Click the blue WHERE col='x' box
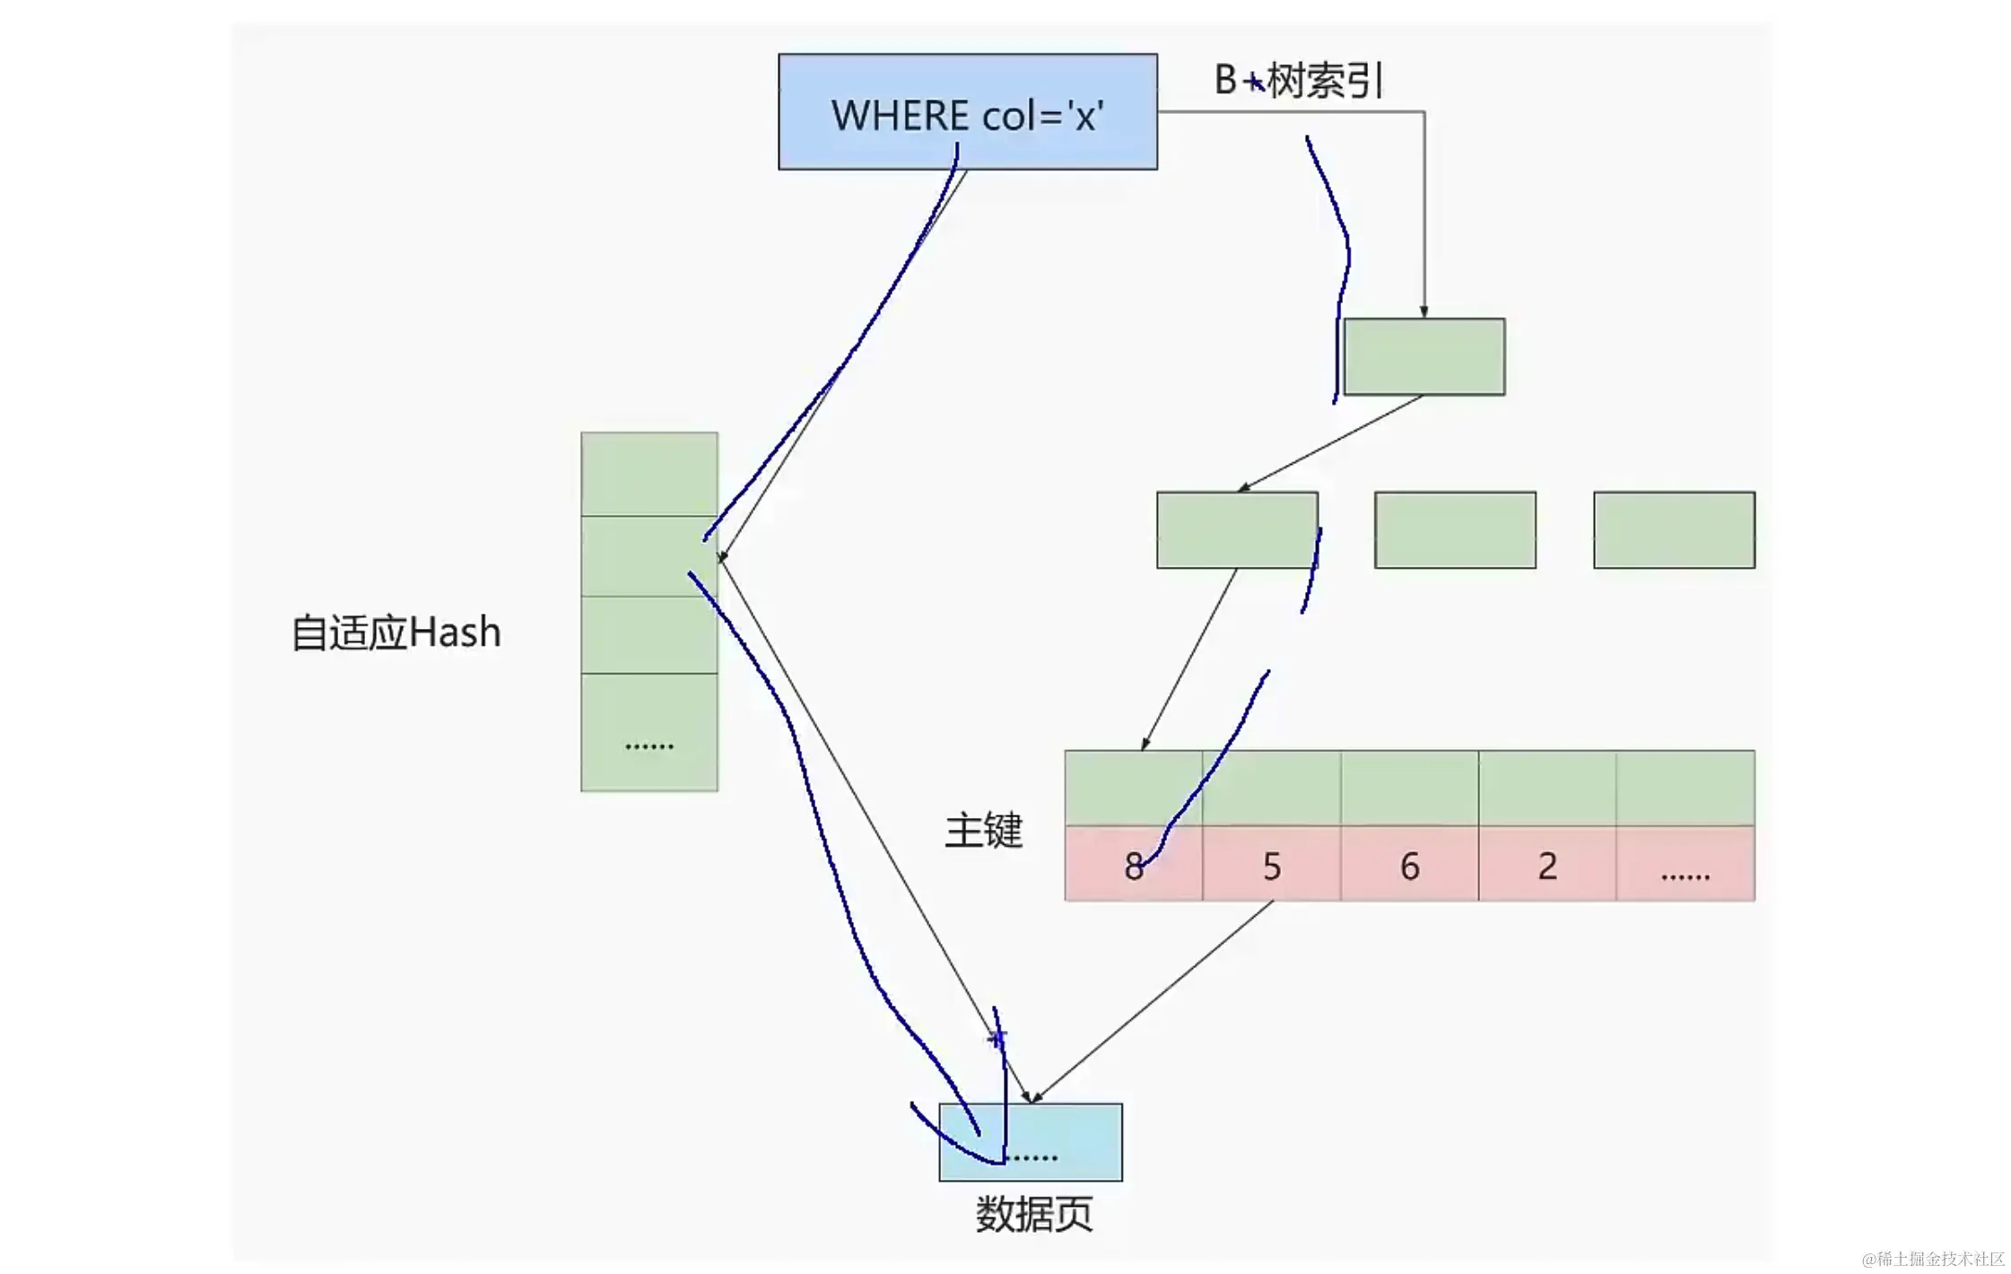967,112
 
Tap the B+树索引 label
1299,81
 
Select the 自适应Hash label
396,633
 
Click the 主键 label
983,831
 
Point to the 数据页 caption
1033,1215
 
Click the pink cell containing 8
1133,864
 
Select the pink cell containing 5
1271,864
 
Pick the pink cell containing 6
1409,864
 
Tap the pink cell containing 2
1547,864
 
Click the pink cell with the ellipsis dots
1685,864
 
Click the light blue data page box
1031,1142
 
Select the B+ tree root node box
1423,356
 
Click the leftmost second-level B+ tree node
1237,529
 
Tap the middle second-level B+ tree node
1455,529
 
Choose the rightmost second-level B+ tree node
1674,529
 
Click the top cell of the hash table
649,474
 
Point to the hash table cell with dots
649,732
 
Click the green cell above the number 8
1133,788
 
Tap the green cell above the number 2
1547,788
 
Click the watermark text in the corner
1933,1259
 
